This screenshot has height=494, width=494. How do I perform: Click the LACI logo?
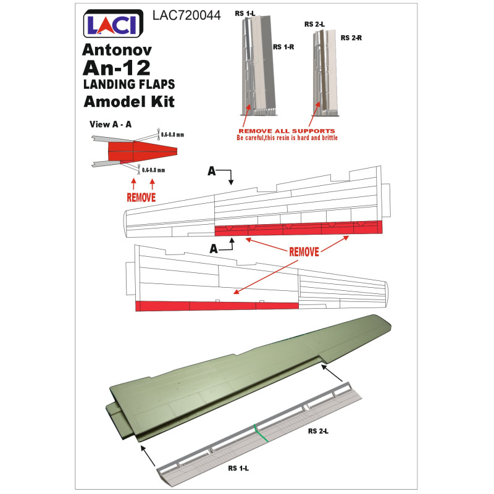(x=113, y=23)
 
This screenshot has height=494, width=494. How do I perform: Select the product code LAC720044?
(x=186, y=15)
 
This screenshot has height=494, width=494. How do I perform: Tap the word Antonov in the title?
(x=117, y=49)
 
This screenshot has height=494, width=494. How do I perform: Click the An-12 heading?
(x=117, y=67)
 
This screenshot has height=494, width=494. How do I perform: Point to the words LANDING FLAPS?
(x=129, y=85)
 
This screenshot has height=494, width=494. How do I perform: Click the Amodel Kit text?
(x=129, y=101)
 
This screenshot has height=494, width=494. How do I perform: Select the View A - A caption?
(x=111, y=125)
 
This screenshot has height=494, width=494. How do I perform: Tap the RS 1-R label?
(x=283, y=47)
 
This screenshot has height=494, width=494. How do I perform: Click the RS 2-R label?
(x=351, y=38)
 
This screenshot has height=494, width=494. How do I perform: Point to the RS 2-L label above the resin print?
(x=314, y=24)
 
